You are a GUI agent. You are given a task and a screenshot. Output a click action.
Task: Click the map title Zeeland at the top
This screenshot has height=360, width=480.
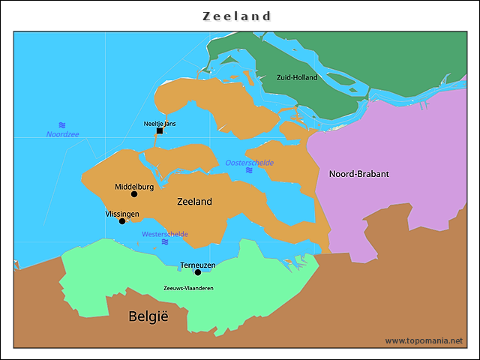(237, 16)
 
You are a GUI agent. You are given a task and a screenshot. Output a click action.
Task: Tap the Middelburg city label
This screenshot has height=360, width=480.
(134, 186)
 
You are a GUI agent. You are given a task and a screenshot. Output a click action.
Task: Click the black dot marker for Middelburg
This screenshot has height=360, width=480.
(134, 194)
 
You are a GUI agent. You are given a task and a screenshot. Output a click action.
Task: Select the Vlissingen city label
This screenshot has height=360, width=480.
(122, 214)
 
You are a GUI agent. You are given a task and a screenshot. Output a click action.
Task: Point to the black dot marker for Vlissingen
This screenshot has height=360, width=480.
(122, 221)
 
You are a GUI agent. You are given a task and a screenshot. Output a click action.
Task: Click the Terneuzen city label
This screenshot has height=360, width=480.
(198, 265)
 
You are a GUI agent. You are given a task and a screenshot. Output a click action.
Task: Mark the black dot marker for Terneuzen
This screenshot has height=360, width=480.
(198, 272)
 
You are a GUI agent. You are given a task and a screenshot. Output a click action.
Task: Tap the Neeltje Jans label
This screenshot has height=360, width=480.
(160, 123)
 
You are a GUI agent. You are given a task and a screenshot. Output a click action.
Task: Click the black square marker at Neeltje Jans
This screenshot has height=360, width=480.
(160, 131)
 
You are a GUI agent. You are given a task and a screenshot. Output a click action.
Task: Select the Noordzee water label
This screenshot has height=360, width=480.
(62, 134)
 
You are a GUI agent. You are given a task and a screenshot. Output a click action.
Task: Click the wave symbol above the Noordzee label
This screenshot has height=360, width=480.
(62, 124)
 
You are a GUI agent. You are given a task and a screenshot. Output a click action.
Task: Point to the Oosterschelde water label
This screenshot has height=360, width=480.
(250, 163)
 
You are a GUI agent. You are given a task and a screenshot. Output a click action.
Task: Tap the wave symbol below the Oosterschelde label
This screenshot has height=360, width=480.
(249, 171)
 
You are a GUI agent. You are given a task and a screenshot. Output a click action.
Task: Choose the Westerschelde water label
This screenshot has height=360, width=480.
(165, 234)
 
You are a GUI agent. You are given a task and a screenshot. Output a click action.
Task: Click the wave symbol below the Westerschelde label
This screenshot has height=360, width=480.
(165, 242)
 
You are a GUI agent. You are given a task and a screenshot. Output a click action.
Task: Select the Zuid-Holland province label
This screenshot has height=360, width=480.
(297, 77)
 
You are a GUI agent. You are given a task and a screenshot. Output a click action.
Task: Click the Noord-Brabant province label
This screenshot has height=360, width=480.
(359, 174)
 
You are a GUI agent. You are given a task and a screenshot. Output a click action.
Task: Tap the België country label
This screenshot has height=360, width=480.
(148, 316)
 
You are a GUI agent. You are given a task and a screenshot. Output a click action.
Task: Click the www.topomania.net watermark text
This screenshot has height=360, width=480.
(424, 340)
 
